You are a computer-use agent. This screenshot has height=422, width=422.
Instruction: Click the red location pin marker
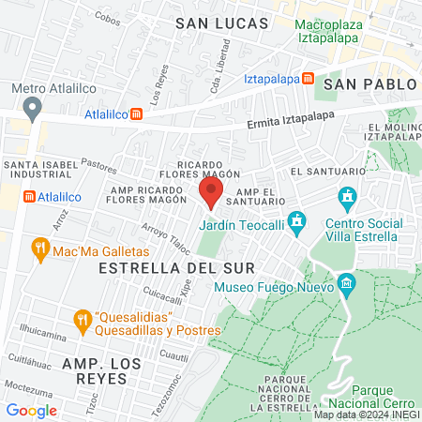211,194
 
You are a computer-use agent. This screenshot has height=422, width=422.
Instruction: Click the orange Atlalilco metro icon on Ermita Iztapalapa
137,114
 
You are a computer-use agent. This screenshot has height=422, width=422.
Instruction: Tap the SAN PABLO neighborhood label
369,83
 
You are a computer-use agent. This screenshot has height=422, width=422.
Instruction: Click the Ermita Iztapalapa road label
292,121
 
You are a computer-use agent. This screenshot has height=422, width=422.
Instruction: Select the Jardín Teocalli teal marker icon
297,221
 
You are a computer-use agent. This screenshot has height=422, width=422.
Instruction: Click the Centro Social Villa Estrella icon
348,198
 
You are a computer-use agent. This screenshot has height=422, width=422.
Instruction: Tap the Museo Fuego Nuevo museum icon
346,283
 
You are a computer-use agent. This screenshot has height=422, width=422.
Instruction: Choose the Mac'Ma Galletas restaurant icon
39,249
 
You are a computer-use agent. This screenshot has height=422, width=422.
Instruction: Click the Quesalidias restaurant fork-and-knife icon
83,319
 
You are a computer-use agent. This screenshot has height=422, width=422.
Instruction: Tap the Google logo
31,410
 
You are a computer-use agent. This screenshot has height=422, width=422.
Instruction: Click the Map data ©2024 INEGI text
366,414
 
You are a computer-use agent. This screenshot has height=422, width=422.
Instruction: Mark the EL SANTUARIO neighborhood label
327,172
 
